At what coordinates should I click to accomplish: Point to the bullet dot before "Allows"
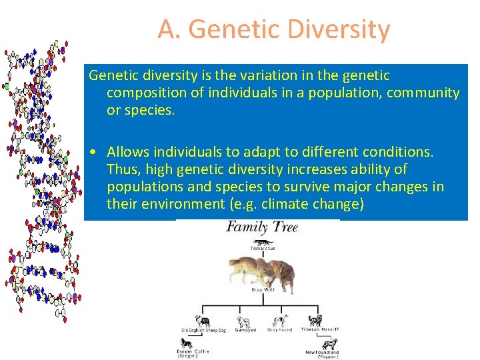(x=97, y=153)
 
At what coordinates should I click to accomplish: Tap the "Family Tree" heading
(x=261, y=227)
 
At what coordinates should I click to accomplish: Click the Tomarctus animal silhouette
(x=263, y=241)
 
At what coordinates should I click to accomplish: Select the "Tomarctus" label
(x=263, y=249)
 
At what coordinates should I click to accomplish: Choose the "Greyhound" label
(x=280, y=329)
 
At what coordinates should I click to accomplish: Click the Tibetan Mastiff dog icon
(x=314, y=321)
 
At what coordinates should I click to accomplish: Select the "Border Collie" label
(x=193, y=351)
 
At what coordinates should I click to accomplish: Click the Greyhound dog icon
(x=280, y=321)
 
